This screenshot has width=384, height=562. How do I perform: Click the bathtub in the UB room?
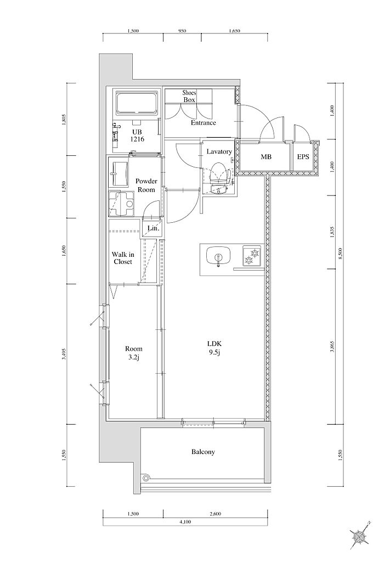pyautogui.click(x=137, y=103)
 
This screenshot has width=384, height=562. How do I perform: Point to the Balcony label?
pyautogui.click(x=203, y=452)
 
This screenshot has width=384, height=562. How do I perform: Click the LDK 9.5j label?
pyautogui.click(x=214, y=349)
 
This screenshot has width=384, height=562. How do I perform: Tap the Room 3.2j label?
pyautogui.click(x=134, y=352)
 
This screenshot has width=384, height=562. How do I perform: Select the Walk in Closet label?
pyautogui.click(x=123, y=258)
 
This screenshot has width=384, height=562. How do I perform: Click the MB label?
pyautogui.click(x=266, y=157)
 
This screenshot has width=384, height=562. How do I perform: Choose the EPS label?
pyautogui.click(x=303, y=157)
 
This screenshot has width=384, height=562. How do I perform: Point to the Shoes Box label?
pyautogui.click(x=189, y=97)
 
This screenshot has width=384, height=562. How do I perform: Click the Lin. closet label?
pyautogui.click(x=153, y=228)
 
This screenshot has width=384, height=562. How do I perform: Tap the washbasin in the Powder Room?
pyautogui.click(x=118, y=174)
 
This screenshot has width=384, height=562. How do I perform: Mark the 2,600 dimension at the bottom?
pyautogui.click(x=215, y=514)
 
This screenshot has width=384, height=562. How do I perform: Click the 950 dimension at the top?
pyautogui.click(x=182, y=31)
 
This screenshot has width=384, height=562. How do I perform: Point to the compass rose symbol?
pyautogui.click(x=359, y=536)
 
